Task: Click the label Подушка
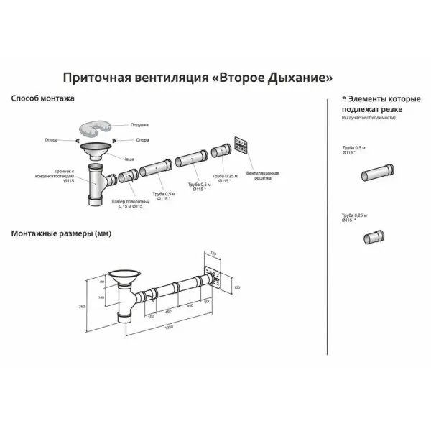pyautogui.click(x=140, y=125)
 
